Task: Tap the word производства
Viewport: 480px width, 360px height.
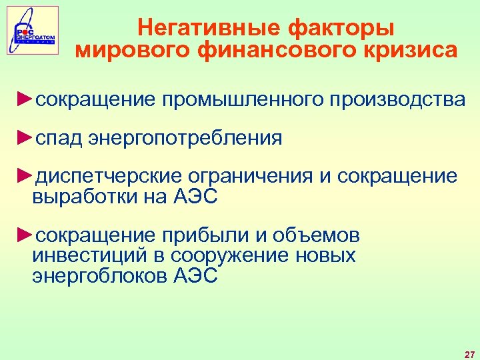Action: [x=395, y=100]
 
